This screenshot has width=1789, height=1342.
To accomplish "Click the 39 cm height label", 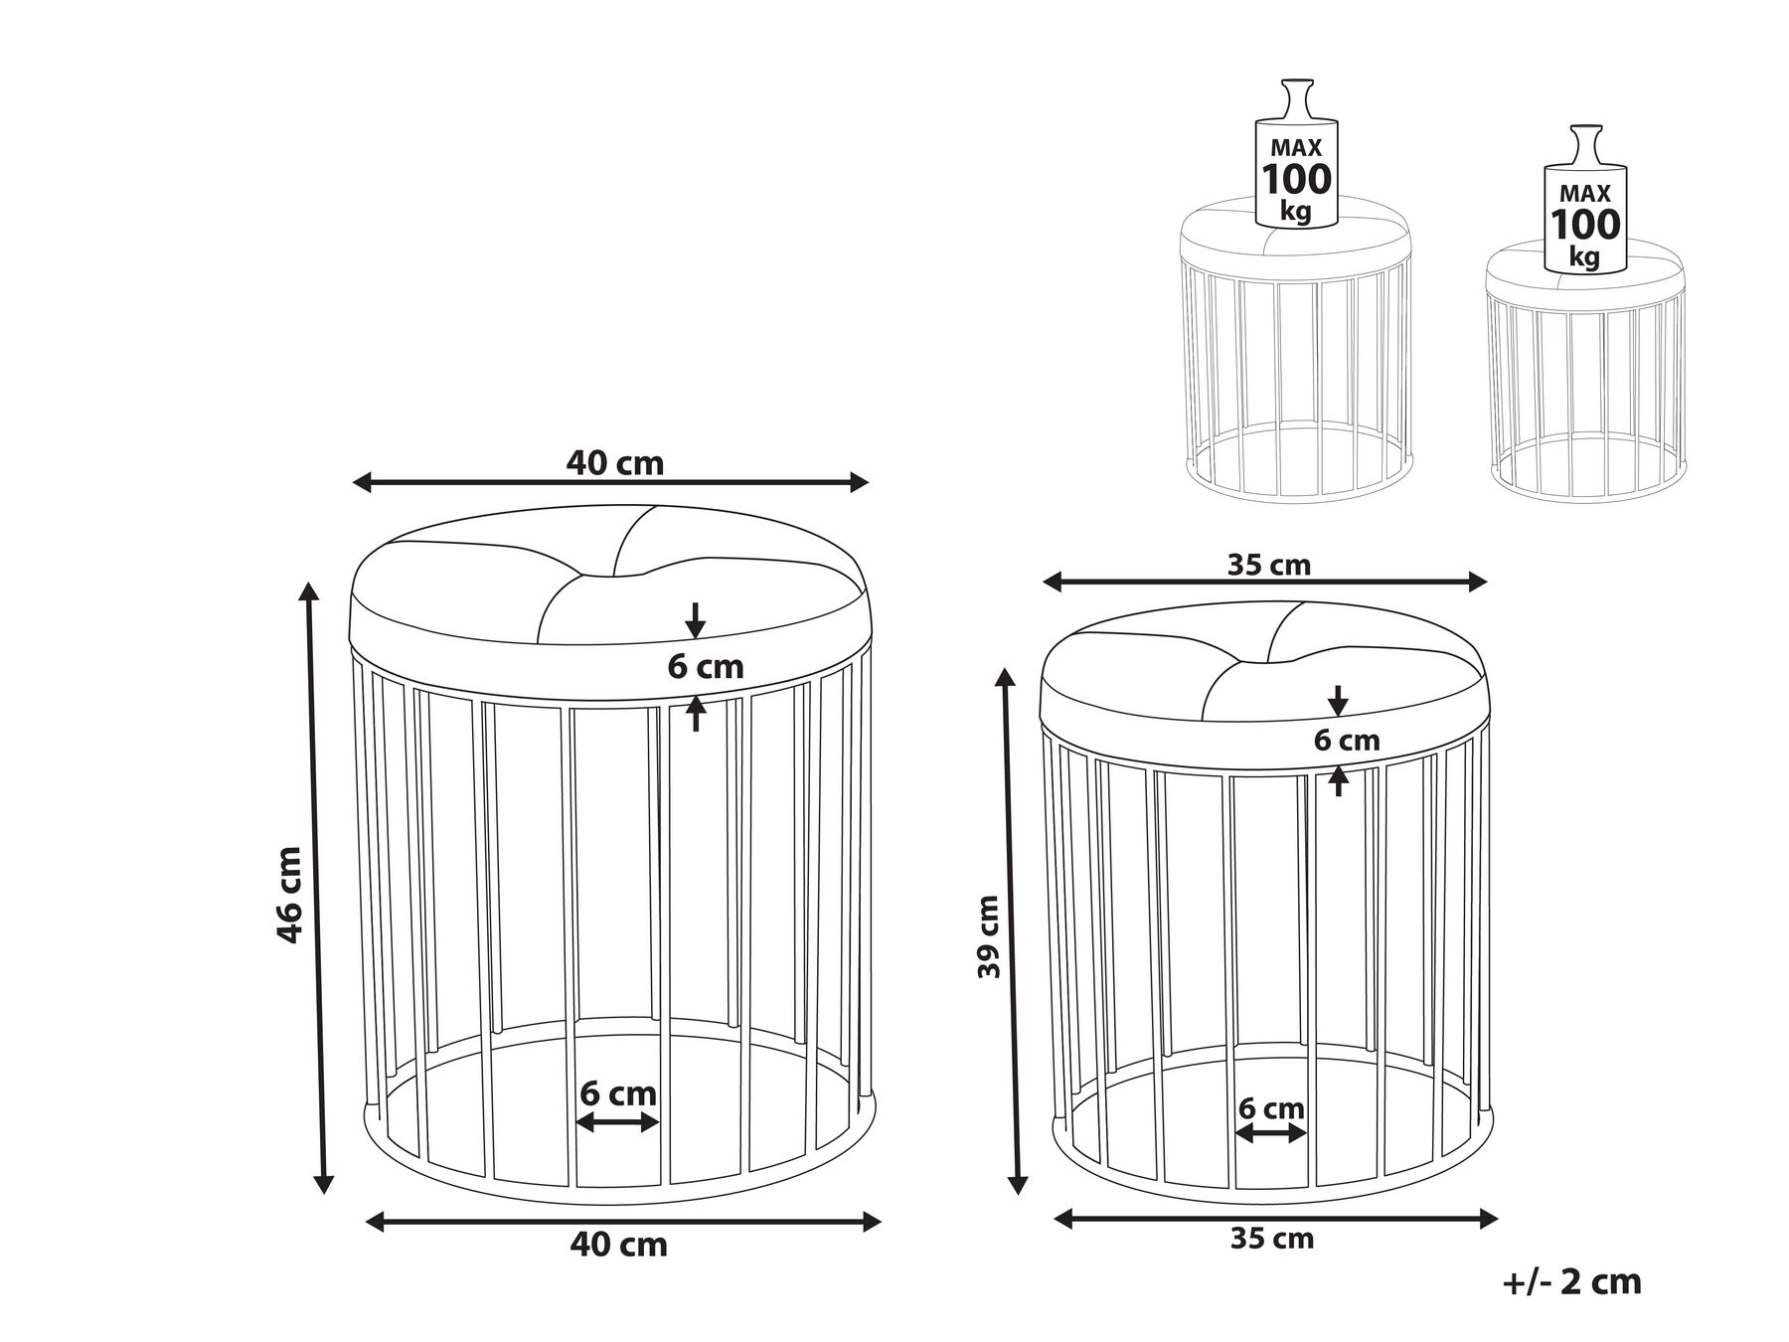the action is [988, 936].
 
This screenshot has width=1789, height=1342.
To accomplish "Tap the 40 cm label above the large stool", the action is [614, 462].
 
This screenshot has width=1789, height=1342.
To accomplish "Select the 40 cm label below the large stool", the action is [618, 1245].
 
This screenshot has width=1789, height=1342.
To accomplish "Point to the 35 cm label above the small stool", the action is [1269, 565].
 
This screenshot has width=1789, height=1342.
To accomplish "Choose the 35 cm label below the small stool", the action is [1272, 1239].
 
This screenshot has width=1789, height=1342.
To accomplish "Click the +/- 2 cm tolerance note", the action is [1572, 1281].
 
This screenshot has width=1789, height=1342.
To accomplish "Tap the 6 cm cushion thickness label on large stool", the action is [706, 666].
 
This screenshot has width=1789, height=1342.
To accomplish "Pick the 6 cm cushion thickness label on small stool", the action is [1347, 741].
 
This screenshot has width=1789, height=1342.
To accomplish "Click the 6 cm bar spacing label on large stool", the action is [618, 1093].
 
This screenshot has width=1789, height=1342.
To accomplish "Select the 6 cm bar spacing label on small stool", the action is [1271, 1107].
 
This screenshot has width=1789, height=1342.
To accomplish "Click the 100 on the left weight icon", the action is [1296, 180].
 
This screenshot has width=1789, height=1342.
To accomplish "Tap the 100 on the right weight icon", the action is [1585, 225].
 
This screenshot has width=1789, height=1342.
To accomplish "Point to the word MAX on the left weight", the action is [1296, 148].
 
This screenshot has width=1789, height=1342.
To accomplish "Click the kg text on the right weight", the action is [1584, 256].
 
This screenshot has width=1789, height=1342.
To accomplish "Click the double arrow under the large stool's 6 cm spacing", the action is [618, 1122].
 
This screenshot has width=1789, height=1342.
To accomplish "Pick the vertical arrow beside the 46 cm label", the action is [316, 887].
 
